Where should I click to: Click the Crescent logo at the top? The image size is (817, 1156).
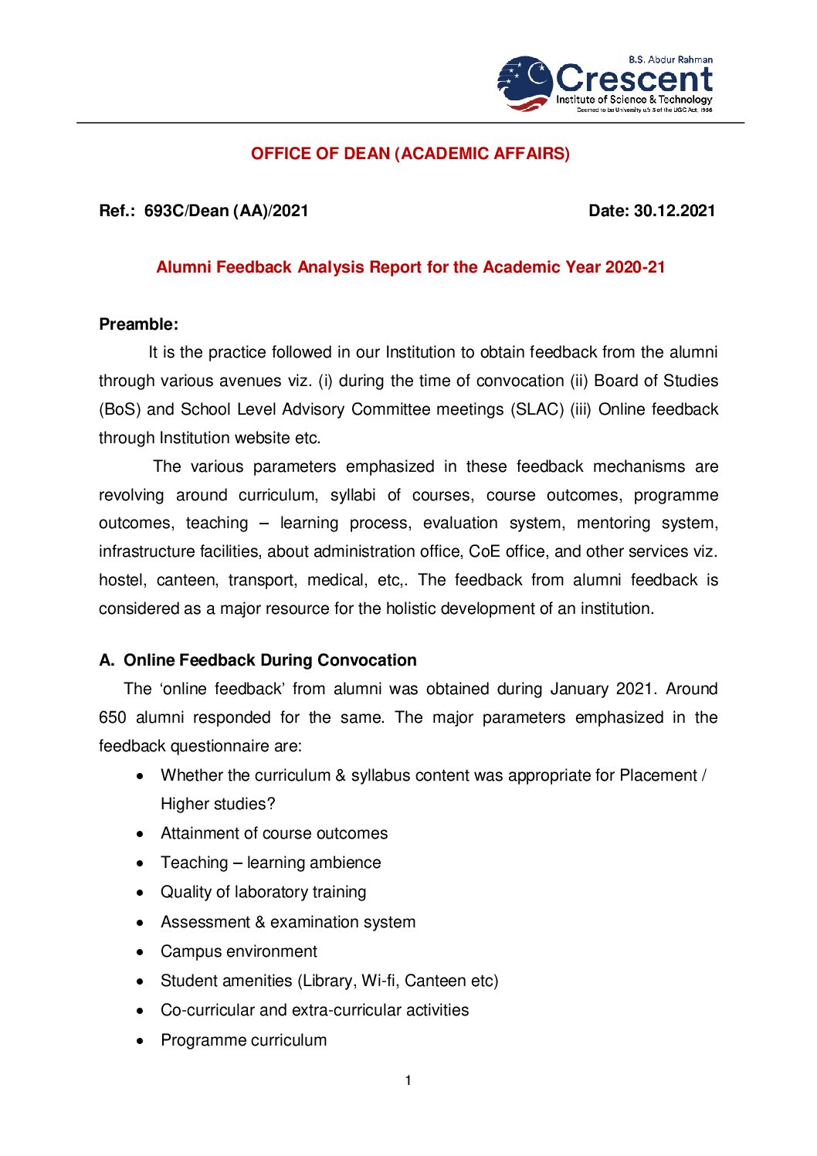point(605,83)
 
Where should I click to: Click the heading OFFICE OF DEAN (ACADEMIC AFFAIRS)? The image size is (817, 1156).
point(410,154)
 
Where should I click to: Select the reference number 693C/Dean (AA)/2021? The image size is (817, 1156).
point(226,211)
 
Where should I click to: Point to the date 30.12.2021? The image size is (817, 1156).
point(674,211)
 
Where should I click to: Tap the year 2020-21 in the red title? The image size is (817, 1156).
point(635,267)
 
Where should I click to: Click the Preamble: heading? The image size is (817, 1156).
point(138,324)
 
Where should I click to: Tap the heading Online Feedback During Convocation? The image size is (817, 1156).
point(270,660)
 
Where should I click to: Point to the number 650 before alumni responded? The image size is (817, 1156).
point(113,717)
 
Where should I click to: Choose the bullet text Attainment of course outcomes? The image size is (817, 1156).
point(274,833)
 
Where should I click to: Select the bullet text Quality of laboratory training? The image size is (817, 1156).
point(263,892)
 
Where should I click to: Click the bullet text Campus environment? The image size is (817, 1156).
point(239,951)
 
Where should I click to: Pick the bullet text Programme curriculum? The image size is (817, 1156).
point(243,1040)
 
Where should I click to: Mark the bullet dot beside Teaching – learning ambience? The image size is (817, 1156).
point(140,863)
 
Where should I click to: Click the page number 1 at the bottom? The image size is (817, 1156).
point(408,1080)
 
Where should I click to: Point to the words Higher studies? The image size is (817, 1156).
point(218,804)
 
